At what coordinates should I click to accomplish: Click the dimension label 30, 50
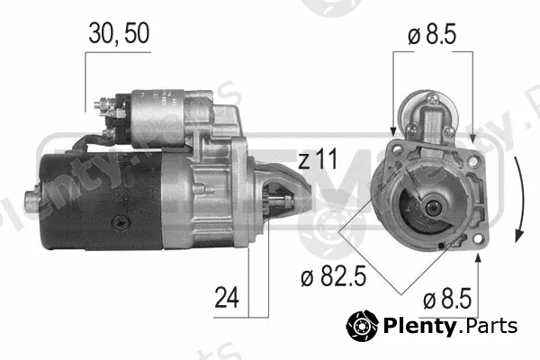coord(119,33)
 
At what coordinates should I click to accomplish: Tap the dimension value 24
coord(227,297)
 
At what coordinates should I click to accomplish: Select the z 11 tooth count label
coord(318,158)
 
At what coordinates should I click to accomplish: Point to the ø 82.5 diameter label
coord(333,276)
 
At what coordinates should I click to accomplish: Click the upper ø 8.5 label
coord(432,34)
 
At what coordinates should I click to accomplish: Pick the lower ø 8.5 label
coord(447,298)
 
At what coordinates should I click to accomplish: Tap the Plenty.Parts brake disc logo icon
coord(363,325)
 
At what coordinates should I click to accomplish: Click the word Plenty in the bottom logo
coord(419,326)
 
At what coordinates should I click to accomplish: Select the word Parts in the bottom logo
coord(489,326)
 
